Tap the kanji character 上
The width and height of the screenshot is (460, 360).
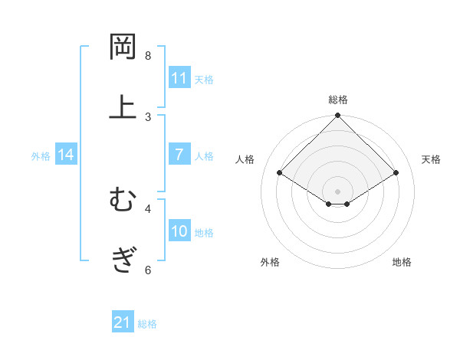pos(123,107)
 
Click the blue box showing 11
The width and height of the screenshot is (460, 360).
pos(179,77)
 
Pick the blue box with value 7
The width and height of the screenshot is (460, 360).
pos(179,155)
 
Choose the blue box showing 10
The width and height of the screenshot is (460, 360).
pos(179,231)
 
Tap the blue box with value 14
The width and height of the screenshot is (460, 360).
pos(66,155)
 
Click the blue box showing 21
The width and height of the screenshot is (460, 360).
pos(123,322)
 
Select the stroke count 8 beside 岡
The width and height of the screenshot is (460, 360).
pos(148,56)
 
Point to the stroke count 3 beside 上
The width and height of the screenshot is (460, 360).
pos(148,116)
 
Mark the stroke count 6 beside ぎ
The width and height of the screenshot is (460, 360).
pos(148,270)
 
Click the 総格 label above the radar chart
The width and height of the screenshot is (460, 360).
pos(338,100)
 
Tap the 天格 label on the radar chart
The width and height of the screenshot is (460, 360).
pos(431,159)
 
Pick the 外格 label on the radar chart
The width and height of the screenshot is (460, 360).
pos(270,262)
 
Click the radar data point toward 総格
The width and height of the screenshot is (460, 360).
pos(338,116)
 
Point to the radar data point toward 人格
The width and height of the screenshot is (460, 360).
pos(280,172)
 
